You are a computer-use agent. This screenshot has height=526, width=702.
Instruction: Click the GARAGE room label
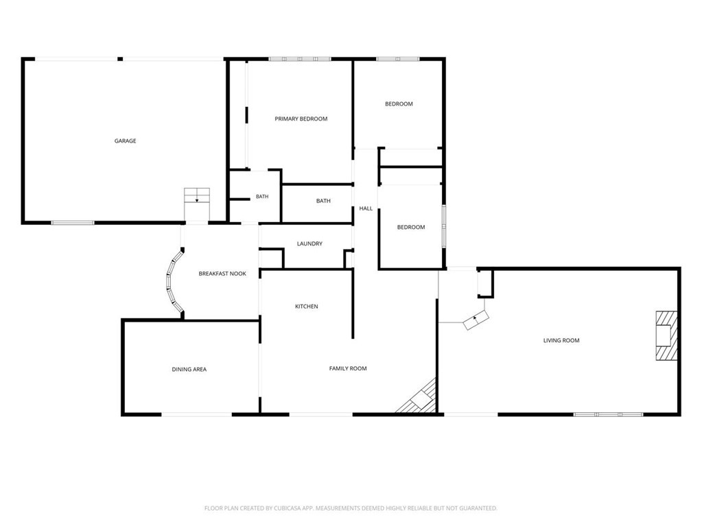point(125,141)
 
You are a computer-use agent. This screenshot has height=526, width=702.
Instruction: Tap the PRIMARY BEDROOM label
point(301,119)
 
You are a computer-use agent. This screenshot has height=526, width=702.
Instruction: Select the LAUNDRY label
point(309,243)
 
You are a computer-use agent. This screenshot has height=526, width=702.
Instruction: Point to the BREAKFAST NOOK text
point(222,274)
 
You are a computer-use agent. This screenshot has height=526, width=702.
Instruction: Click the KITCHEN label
point(306,307)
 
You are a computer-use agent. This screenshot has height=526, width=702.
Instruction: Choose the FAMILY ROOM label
point(348,368)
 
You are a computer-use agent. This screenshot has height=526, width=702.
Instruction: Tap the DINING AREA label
point(189,370)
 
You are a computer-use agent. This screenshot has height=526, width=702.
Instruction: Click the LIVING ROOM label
point(561,340)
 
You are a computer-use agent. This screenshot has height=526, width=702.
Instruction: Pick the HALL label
point(366,208)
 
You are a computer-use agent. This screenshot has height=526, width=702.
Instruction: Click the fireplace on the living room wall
point(666,335)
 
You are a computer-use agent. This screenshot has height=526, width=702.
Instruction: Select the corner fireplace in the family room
point(419,397)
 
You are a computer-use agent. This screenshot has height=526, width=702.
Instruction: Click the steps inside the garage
point(197,195)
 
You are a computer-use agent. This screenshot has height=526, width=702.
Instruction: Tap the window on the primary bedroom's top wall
point(299,59)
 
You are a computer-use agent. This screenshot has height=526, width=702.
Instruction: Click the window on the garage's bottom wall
point(73,222)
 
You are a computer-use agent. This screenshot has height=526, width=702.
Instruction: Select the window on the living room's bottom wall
point(608,415)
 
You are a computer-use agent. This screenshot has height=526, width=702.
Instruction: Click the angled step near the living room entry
point(476,320)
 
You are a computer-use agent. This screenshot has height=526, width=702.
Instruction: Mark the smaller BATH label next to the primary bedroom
point(262,196)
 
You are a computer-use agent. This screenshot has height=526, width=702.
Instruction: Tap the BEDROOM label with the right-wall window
point(410,227)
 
